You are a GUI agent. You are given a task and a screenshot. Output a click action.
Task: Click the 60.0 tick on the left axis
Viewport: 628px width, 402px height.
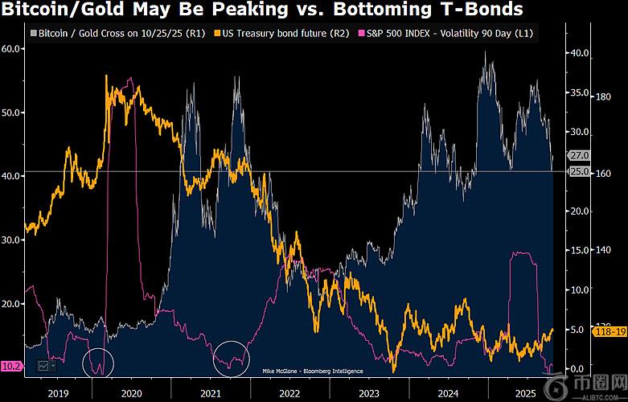tap(12, 49)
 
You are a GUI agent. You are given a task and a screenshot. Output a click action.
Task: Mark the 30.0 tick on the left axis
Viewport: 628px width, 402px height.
tap(12, 240)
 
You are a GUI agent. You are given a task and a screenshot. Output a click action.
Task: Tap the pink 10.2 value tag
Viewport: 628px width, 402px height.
tap(11, 365)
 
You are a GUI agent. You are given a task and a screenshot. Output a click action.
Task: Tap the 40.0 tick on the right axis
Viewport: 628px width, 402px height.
tap(579, 53)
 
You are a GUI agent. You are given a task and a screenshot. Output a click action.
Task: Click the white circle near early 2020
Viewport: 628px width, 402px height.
tap(99, 364)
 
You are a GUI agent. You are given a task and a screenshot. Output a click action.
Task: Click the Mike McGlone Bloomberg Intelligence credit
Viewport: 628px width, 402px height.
tap(312, 371)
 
